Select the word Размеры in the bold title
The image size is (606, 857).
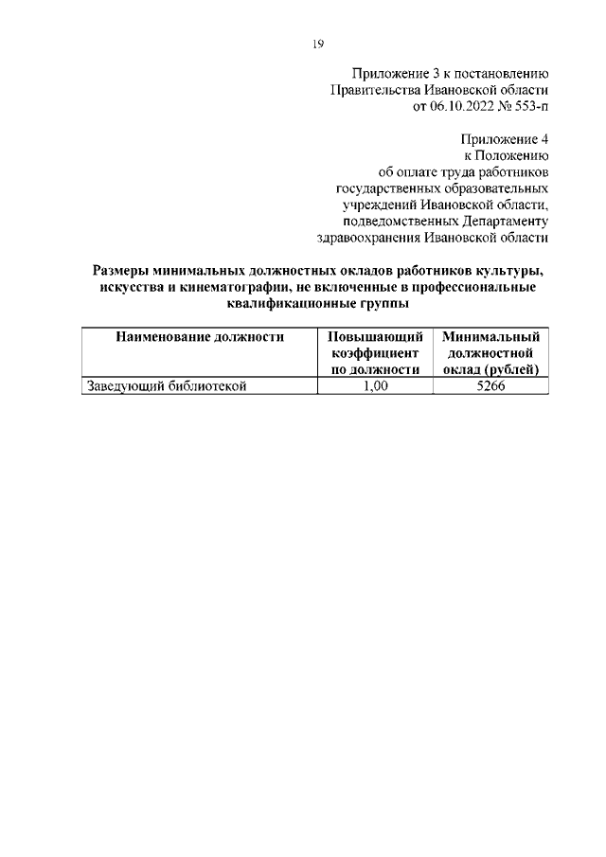(x=122, y=271)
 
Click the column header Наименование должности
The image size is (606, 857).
(x=200, y=336)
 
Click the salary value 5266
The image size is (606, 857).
(x=490, y=385)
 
